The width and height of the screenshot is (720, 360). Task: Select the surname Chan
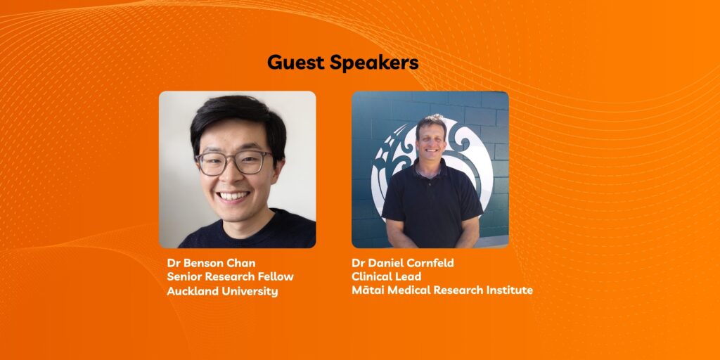(x=243, y=263)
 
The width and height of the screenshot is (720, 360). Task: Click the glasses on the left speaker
(x=233, y=162)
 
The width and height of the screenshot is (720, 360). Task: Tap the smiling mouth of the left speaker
(x=233, y=197)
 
